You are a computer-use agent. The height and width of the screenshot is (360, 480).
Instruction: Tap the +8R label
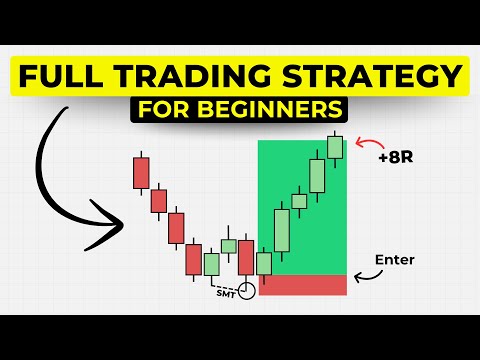(x=395, y=157)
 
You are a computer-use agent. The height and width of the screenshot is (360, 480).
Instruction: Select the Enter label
(x=394, y=260)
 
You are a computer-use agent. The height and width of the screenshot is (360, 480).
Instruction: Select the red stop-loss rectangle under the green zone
(x=302, y=284)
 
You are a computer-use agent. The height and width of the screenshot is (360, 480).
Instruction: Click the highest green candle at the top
(x=334, y=146)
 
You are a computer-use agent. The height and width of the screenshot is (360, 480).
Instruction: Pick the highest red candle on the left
(x=141, y=171)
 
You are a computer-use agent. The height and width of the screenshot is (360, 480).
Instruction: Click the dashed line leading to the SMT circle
(x=216, y=282)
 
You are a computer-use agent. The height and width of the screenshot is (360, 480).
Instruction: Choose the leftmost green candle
(x=211, y=263)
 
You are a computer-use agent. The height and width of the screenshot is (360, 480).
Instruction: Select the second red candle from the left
(x=159, y=200)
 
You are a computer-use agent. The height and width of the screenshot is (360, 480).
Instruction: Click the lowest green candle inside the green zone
(x=265, y=263)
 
